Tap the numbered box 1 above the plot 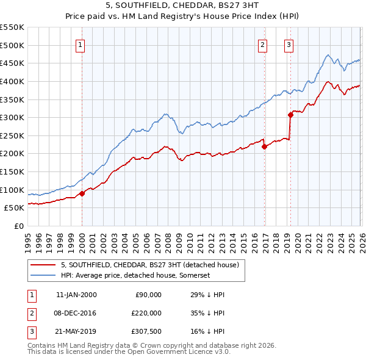pyautogui.click(x=81, y=44)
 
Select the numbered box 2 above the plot pyautogui.click(x=262, y=44)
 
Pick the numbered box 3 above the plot pyautogui.click(x=289, y=44)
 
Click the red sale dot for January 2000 pyautogui.click(x=82, y=193)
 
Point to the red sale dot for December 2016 pyautogui.click(x=264, y=146)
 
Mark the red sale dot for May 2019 pyautogui.click(x=291, y=115)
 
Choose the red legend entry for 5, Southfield pyautogui.click(x=153, y=265)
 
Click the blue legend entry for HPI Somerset pyautogui.click(x=135, y=276)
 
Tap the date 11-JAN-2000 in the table pyautogui.click(x=76, y=295)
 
